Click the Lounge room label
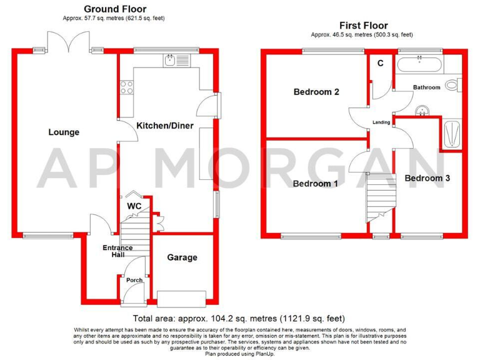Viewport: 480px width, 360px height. click(x=64, y=132)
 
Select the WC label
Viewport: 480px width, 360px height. click(x=134, y=206)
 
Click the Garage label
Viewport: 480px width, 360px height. click(x=182, y=257)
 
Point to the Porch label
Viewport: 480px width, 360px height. click(x=134, y=280)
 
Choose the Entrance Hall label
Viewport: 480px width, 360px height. click(x=117, y=251)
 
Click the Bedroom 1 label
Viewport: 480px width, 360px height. click(x=316, y=184)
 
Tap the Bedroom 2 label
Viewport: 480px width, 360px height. click(x=316, y=92)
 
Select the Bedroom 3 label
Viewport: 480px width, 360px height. click(x=427, y=178)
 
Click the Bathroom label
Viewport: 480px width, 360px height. click(x=426, y=87)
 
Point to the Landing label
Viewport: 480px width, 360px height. click(x=381, y=122)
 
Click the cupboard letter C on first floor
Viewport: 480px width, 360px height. click(x=380, y=63)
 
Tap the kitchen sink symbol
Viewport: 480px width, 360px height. click(x=171, y=61)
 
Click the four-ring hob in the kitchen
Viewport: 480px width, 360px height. click(x=127, y=88)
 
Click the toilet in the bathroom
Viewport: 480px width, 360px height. click(x=452, y=84)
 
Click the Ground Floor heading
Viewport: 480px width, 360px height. click(x=115, y=9)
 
